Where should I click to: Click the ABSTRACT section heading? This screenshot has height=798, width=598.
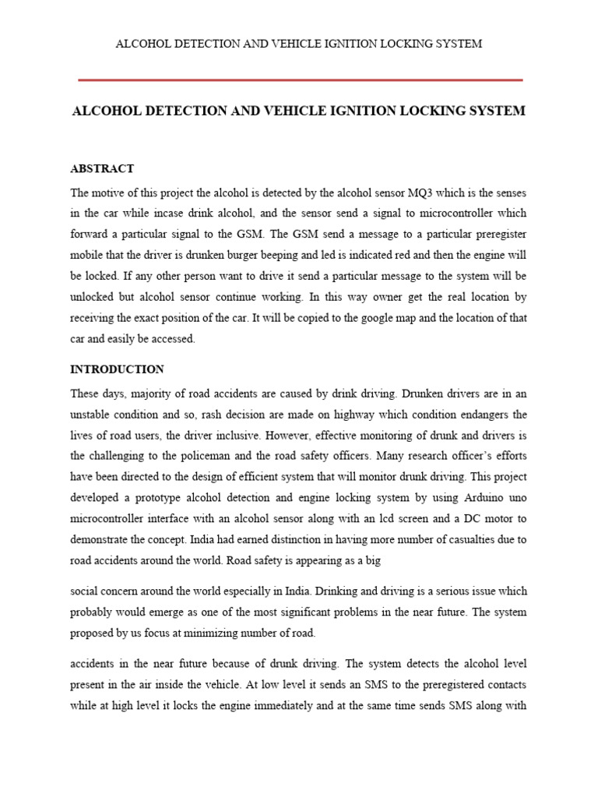[x=102, y=168]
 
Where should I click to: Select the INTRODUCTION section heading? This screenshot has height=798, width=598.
[x=117, y=369]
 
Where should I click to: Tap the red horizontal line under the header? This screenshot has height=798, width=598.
[x=300, y=79]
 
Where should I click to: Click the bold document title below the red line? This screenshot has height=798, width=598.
[x=298, y=111]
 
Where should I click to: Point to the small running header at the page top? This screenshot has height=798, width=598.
[x=298, y=44]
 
